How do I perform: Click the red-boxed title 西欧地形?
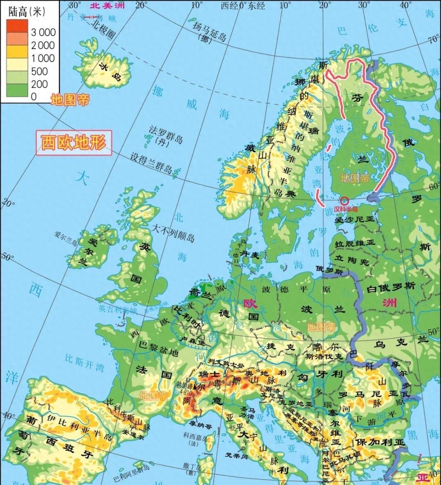coord(73,143)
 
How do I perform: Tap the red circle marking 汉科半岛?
coord(345,201)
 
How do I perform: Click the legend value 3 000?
coord(43,32)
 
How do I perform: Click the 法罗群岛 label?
coord(165,135)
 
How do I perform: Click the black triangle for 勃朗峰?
coord(196,386)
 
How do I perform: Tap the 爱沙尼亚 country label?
coord(354,220)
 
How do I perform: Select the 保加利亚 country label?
coord(379,442)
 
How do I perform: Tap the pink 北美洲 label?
coord(107,5)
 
